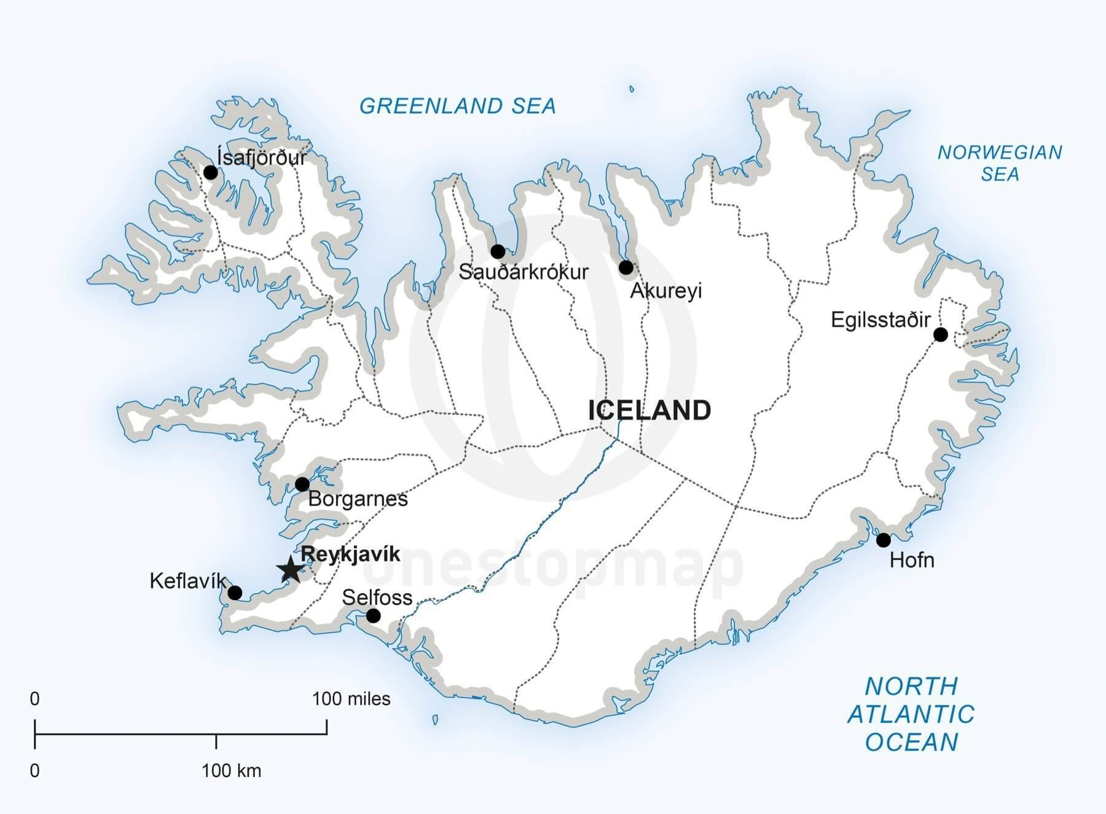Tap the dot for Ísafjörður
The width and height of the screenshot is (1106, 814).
point(211,172)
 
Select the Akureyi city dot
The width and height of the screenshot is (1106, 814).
point(626,267)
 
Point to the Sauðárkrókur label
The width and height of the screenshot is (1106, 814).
point(523,272)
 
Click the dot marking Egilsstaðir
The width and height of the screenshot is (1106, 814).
point(940,334)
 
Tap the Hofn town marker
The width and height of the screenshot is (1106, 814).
point(883,540)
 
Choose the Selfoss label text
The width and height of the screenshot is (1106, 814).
point(377,597)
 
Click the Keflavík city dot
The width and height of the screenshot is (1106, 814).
point(235,593)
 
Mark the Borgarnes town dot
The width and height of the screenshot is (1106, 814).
point(302,484)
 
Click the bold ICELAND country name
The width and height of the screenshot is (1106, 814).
point(649,410)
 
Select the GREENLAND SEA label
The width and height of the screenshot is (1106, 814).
point(457,106)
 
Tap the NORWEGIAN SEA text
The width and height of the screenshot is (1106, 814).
point(999,163)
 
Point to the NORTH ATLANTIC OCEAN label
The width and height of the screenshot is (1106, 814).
point(911,714)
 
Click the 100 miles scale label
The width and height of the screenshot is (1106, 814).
point(351,699)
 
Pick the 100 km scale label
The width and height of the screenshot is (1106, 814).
point(231,770)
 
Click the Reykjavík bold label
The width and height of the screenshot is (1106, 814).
point(350,554)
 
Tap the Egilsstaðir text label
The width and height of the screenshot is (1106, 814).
point(880,320)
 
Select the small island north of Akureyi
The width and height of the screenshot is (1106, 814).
point(632,89)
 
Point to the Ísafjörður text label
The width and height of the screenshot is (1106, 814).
point(261,157)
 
